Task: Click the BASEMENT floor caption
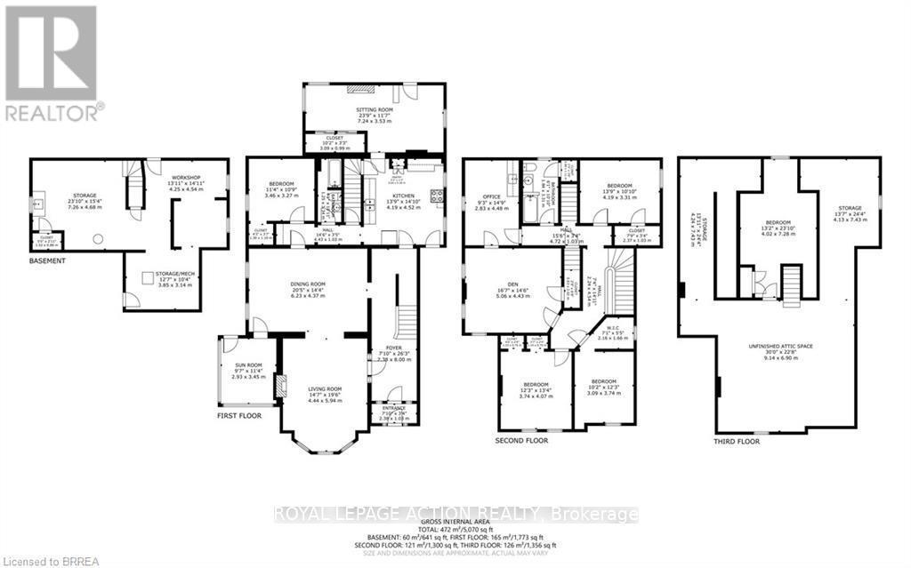pos(48,261)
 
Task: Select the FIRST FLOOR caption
pos(246,415)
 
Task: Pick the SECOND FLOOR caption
pos(521,440)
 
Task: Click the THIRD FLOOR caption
pos(738,441)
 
